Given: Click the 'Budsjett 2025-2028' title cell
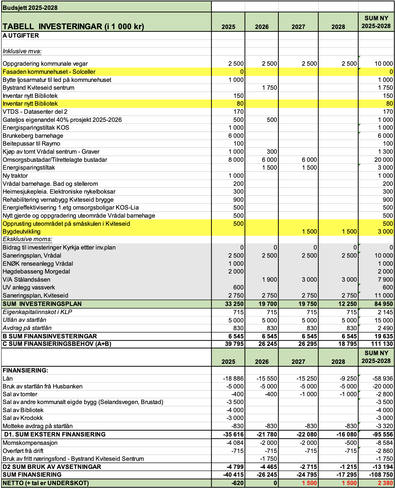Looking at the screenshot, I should click(x=30, y=8).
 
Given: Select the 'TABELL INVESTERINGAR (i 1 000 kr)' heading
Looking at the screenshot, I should click(x=73, y=26).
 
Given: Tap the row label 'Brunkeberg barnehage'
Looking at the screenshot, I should click(x=33, y=136).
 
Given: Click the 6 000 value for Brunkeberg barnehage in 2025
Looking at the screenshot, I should click(x=236, y=136).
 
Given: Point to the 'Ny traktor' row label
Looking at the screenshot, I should click(x=15, y=176).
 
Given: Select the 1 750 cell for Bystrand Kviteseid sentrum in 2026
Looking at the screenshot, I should click(x=269, y=88).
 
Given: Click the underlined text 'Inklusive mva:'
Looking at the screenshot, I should click(x=22, y=51).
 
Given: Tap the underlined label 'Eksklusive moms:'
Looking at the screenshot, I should click(x=27, y=239).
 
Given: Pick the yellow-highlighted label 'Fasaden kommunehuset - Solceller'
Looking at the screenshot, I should click(x=49, y=72).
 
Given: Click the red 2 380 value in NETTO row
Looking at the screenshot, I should click(x=385, y=483).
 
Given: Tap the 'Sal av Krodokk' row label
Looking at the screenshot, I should click(x=23, y=418).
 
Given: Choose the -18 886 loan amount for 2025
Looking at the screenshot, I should click(x=233, y=379).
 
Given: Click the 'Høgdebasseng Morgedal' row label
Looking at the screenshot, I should click(x=36, y=271).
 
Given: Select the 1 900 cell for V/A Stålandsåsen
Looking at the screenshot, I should click(x=269, y=280).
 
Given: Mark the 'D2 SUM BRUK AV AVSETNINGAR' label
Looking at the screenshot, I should click(x=52, y=467).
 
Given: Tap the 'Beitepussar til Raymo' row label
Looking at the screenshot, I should click(x=31, y=144).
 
